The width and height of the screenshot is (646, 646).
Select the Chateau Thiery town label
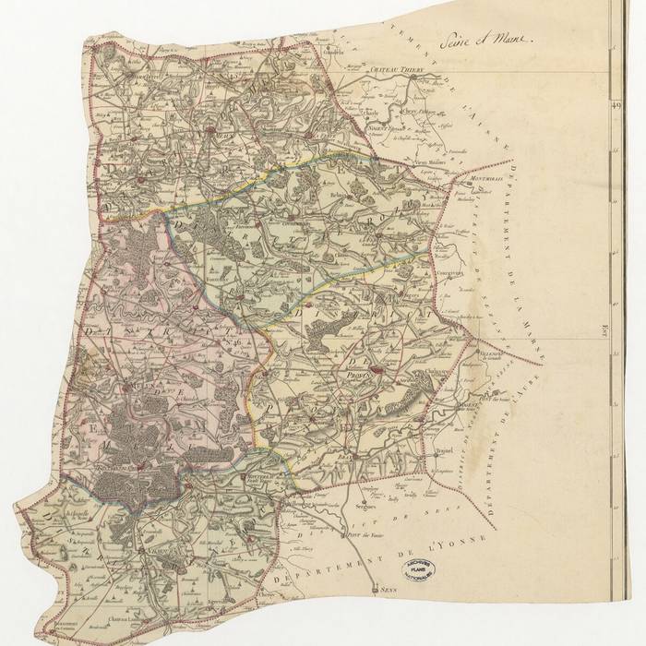pyautogui.click(x=394, y=70)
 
